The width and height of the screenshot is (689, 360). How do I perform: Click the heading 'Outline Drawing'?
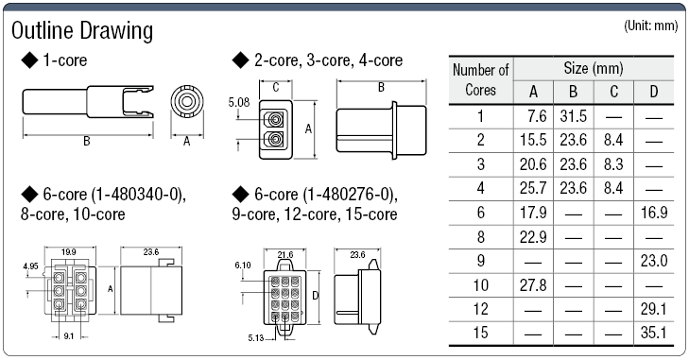(81, 30)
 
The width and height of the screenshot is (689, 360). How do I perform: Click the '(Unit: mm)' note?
(652, 26)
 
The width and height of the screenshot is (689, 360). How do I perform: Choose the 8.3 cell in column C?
(612, 162)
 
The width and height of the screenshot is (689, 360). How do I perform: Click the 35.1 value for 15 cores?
(655, 332)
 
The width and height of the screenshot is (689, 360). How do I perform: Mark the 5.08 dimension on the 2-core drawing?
(239, 101)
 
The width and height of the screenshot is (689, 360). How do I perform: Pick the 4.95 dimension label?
(31, 267)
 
